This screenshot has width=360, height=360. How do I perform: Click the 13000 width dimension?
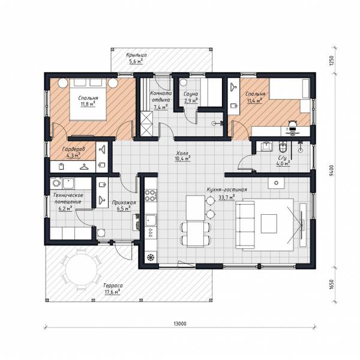(x=180, y=323)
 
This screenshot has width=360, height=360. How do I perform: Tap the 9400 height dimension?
(x=331, y=170)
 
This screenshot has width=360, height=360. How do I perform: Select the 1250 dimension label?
(x=331, y=61)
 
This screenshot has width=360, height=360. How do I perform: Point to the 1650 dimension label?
(x=331, y=284)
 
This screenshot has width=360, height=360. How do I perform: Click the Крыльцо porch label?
(x=136, y=55)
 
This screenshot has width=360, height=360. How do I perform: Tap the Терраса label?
(x=113, y=286)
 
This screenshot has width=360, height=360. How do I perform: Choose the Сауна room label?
(x=191, y=94)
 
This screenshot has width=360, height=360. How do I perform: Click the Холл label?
(x=182, y=153)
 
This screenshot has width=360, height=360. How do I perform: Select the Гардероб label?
(x=73, y=149)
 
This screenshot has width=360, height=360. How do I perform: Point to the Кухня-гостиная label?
(x=227, y=190)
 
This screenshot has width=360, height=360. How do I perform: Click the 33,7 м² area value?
(x=227, y=197)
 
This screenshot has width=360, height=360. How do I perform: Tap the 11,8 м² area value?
(x=88, y=104)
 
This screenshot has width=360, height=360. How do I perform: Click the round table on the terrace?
(x=82, y=270)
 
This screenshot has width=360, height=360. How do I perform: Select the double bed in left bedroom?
(x=88, y=99)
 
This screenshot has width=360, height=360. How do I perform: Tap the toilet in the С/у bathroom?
(x=283, y=148)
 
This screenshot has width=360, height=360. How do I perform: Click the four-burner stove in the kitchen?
(x=151, y=195)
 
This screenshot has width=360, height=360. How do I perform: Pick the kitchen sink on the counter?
(x=151, y=220)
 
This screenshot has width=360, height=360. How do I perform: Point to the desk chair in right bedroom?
(x=292, y=124)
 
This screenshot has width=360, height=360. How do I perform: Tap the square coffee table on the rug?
(x=269, y=224)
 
